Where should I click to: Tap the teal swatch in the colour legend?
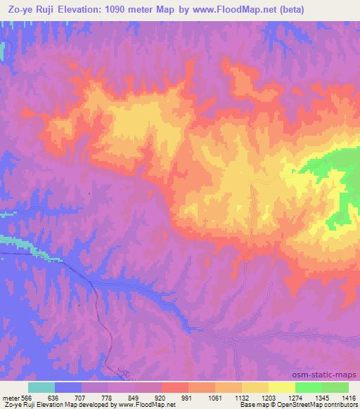[41, 387]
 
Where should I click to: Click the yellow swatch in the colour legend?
[281, 387]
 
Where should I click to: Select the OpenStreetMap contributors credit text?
[316, 404]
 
